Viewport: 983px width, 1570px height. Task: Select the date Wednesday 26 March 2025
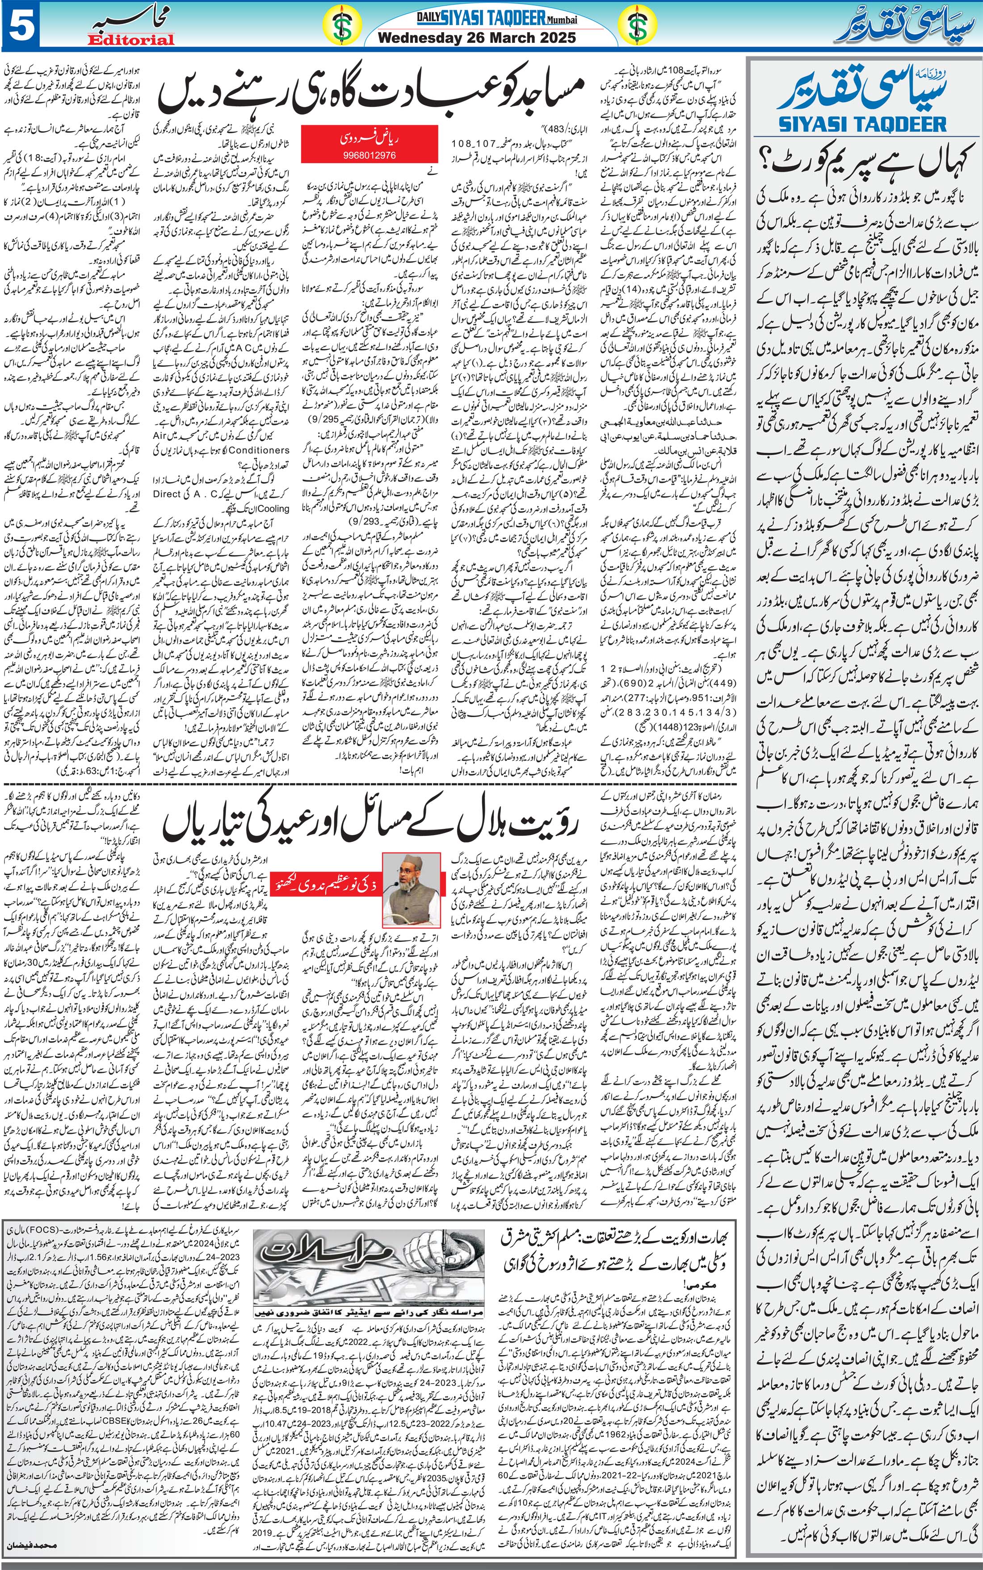[x=477, y=38]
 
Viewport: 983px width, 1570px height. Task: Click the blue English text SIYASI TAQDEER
[x=862, y=123]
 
